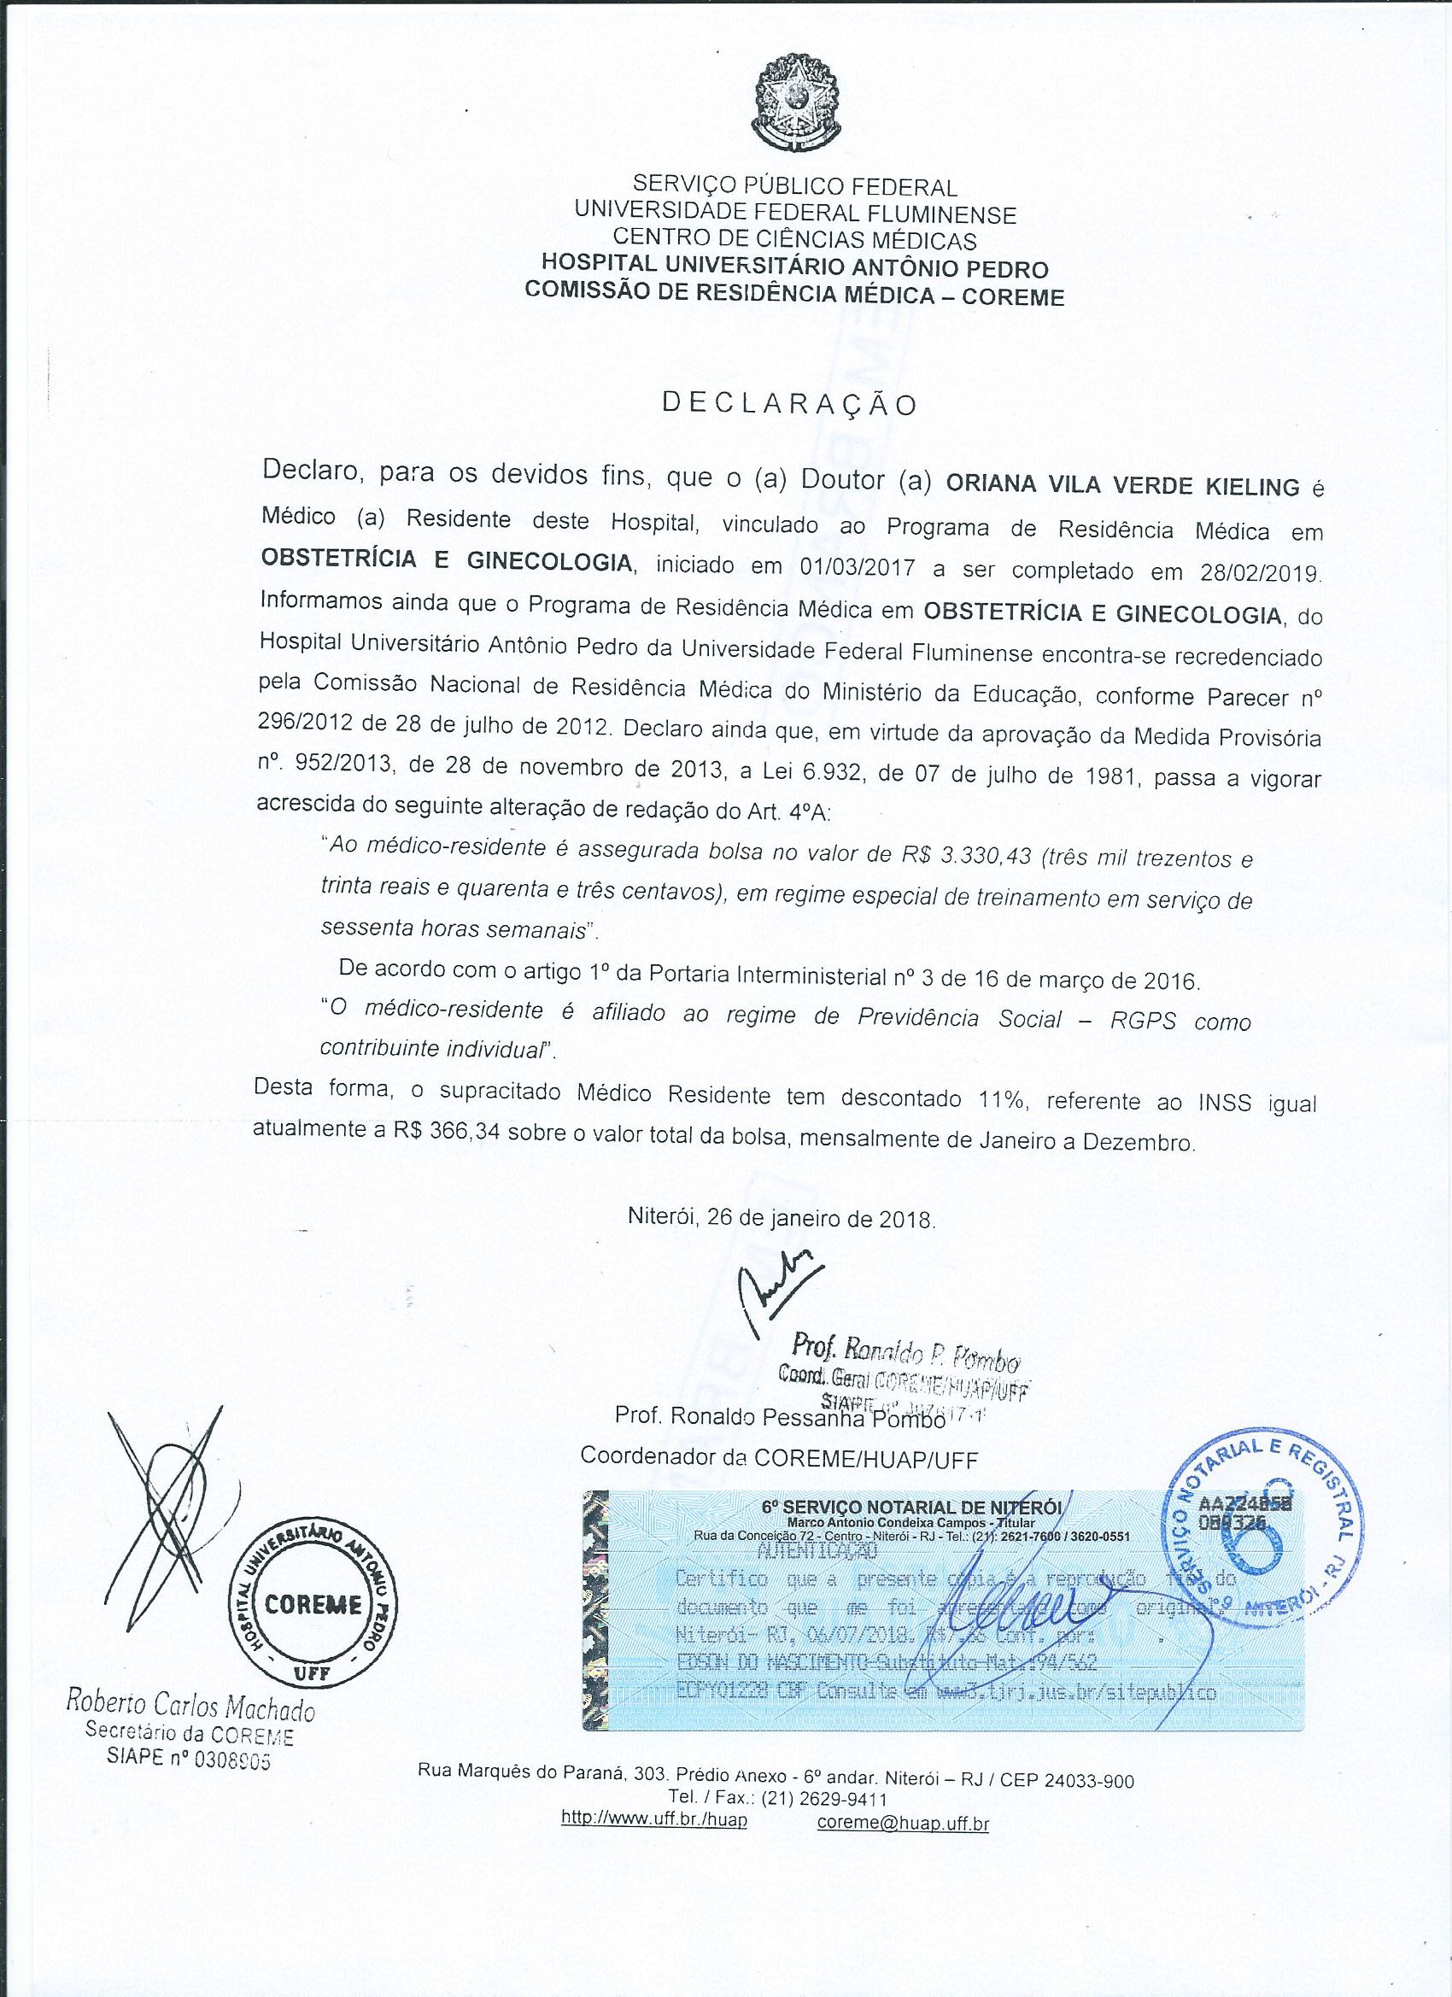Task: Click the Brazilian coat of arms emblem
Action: pyautogui.click(x=794, y=104)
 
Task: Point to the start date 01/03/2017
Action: pyautogui.click(x=854, y=565)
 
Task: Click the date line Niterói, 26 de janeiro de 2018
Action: pyautogui.click(x=769, y=1221)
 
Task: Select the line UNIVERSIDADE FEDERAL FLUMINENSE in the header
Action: pyautogui.click(x=795, y=213)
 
